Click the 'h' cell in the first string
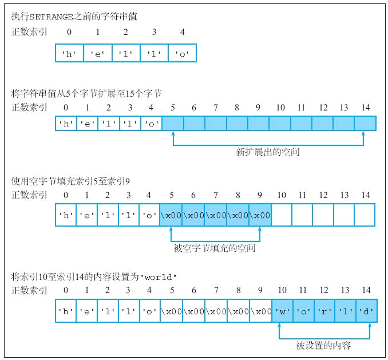pyautogui.click(x=69, y=54)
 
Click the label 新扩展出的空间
pyautogui.click(x=268, y=152)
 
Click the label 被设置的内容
pyautogui.click(x=323, y=345)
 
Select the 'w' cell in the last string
pyautogui.click(x=283, y=312)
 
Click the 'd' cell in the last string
pyautogui.click(x=367, y=312)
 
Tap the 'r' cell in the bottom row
pyautogui.click(x=324, y=312)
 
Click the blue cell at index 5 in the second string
pyautogui.click(x=173, y=124)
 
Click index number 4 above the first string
pyautogui.click(x=182, y=31)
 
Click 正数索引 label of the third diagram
pyautogui.click(x=29, y=195)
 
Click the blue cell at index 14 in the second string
pyautogui.click(x=365, y=124)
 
